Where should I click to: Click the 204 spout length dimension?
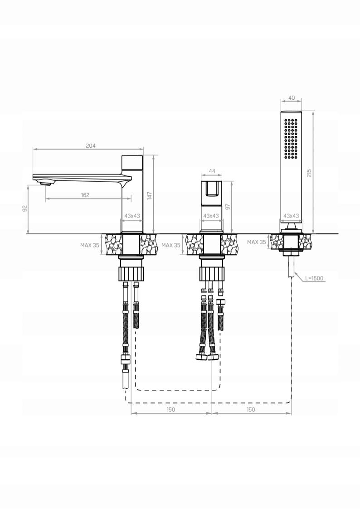(x=91, y=146)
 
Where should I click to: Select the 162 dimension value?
(x=85, y=195)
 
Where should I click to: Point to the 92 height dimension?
(x=24, y=208)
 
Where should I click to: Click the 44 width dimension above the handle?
(x=212, y=171)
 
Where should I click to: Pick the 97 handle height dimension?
(x=228, y=207)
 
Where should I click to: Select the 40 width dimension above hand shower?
(x=292, y=98)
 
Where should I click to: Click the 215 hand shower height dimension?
(x=309, y=173)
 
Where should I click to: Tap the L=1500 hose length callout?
(x=314, y=278)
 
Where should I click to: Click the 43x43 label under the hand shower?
(x=291, y=216)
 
